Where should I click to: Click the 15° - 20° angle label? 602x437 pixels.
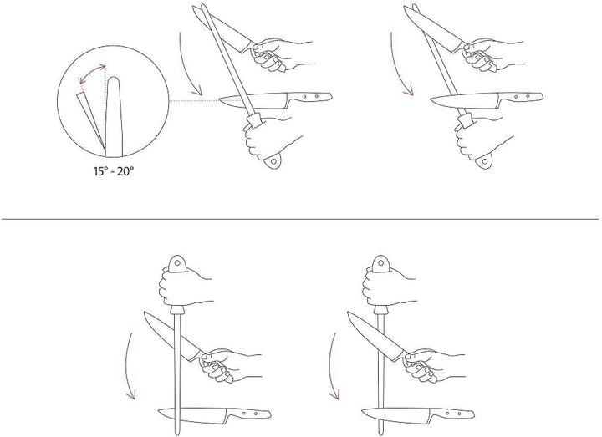114,170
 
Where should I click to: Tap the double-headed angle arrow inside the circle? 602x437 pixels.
91,73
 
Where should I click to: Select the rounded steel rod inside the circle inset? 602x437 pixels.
114,117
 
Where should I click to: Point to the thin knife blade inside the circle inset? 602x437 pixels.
90,120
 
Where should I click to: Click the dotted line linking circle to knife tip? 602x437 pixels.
194,100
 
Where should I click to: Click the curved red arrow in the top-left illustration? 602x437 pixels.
184,65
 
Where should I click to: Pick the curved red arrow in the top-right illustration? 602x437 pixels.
395,65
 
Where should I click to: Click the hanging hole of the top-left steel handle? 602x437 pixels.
273,161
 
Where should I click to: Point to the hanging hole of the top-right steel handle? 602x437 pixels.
485,161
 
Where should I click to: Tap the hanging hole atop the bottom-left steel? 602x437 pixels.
177,263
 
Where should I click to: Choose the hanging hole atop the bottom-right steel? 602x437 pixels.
380,263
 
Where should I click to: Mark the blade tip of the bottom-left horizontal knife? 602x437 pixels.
159,412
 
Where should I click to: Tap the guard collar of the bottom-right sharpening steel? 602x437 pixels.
380,310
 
